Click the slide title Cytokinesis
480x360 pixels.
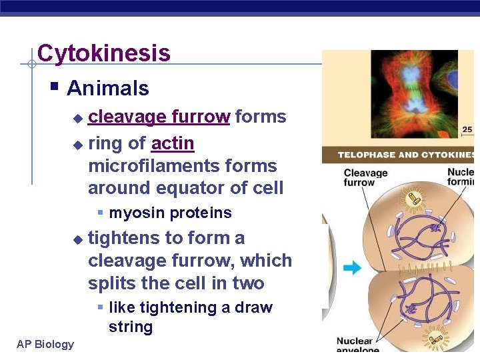(104, 53)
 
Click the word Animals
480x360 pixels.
(108, 88)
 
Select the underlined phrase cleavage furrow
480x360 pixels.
(159, 117)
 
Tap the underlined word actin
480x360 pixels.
(173, 143)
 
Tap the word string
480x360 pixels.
(131, 327)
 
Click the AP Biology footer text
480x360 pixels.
(45, 344)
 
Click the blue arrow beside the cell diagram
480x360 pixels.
(352, 268)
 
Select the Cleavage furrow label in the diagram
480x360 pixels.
(365, 177)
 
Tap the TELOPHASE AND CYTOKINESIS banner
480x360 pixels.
(406, 155)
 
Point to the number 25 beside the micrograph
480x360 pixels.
(467, 129)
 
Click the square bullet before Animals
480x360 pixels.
(55, 87)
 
